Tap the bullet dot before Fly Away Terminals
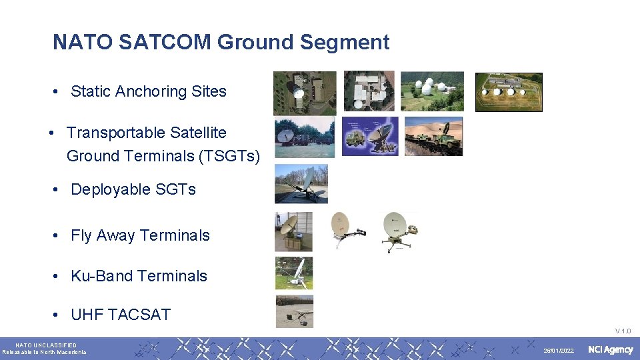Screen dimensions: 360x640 tap(58, 236)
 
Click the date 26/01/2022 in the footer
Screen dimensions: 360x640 tap(558, 351)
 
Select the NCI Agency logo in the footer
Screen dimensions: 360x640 tap(610, 350)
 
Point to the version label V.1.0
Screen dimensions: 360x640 tap(623, 331)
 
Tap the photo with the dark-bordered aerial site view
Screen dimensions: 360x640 tap(508, 92)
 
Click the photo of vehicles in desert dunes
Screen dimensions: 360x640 tap(433, 136)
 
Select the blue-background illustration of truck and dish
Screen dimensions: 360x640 tap(370, 136)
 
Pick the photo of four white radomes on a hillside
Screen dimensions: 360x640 tap(432, 91)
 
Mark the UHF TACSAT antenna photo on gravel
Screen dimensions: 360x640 tap(294, 311)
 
